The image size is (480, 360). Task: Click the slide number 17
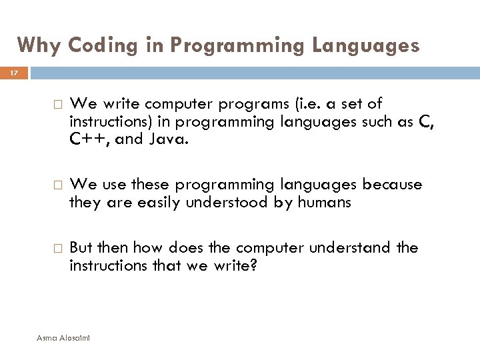pyautogui.click(x=15, y=72)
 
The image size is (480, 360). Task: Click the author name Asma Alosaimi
pyautogui.click(x=65, y=339)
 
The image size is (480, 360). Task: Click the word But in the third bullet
pyautogui.click(x=81, y=248)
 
